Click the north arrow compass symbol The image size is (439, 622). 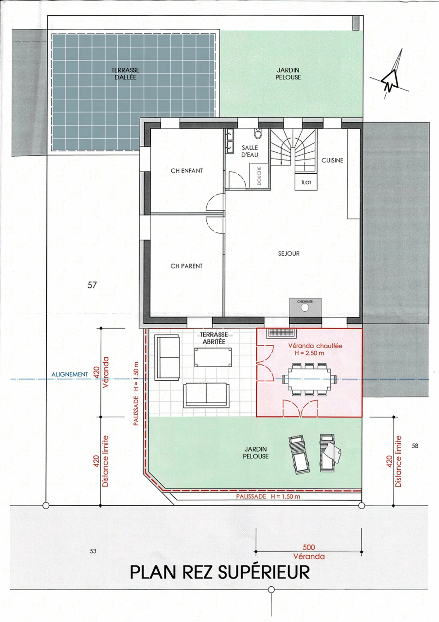click(x=390, y=78)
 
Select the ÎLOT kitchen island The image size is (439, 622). click(x=306, y=182)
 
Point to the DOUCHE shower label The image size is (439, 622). click(x=259, y=176)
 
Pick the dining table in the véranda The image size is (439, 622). click(x=309, y=379)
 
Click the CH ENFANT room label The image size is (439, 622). click(x=187, y=171)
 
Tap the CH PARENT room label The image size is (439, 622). click(x=186, y=266)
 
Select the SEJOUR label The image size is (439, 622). click(x=289, y=254)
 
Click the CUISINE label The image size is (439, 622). click(x=332, y=160)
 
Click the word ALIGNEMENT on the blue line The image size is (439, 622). click(x=70, y=374)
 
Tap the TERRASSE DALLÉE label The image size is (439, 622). click(x=125, y=74)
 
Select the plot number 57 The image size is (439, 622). click(x=92, y=285)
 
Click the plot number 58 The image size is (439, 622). click(x=415, y=446)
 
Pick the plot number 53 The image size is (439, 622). click(x=93, y=551)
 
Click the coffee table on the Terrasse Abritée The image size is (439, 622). click(x=213, y=357)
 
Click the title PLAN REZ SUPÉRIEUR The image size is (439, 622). click(x=220, y=572)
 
